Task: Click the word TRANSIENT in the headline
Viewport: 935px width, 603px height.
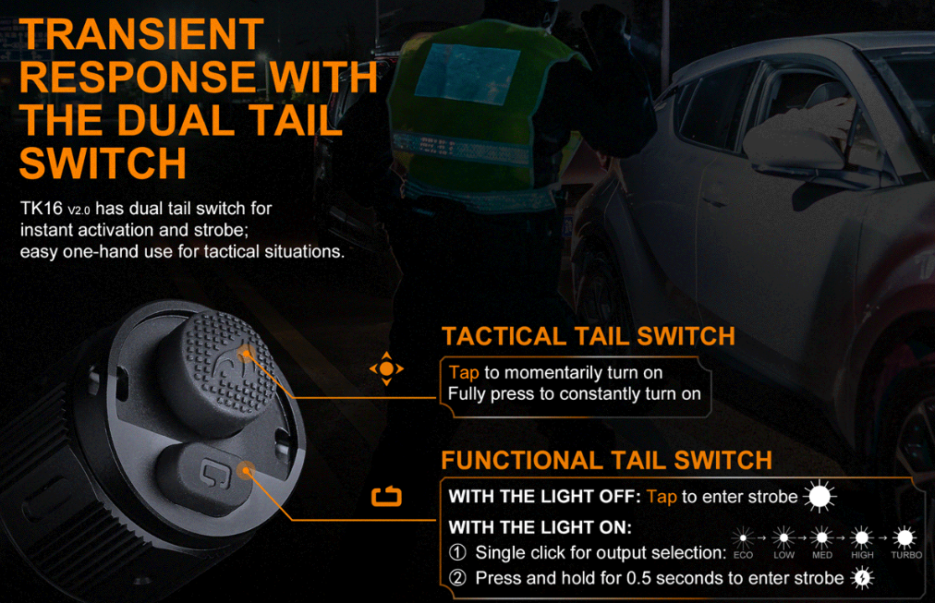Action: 141,34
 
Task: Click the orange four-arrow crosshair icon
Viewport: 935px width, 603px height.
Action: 386,368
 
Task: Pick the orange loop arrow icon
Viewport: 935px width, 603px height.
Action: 386,496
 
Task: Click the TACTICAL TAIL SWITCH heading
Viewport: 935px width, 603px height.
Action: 588,336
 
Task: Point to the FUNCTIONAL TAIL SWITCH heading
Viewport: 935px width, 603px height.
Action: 606,460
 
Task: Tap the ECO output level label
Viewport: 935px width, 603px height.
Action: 743,555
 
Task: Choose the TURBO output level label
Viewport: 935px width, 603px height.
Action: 906,555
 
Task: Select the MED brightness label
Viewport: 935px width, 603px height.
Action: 822,555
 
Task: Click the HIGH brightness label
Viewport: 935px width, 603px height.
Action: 862,555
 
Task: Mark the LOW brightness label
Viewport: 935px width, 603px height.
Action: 783,555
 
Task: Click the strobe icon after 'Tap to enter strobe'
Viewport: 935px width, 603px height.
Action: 820,496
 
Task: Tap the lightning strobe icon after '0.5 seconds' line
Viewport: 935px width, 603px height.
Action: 863,578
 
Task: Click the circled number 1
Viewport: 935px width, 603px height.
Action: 457,552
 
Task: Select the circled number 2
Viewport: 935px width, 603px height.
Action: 457,578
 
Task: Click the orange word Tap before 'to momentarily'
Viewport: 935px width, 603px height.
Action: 464,373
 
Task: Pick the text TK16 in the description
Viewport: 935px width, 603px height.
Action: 42,208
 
